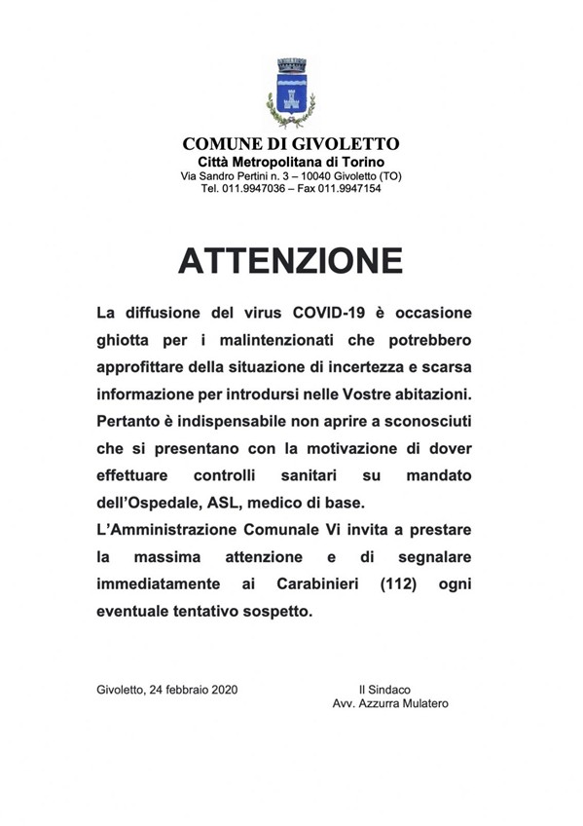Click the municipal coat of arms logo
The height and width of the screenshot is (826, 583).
[x=291, y=93]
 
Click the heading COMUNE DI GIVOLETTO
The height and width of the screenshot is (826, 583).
[x=291, y=144]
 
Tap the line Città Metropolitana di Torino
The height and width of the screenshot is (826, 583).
[x=291, y=161]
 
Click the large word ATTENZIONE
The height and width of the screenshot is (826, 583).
[x=291, y=260]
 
